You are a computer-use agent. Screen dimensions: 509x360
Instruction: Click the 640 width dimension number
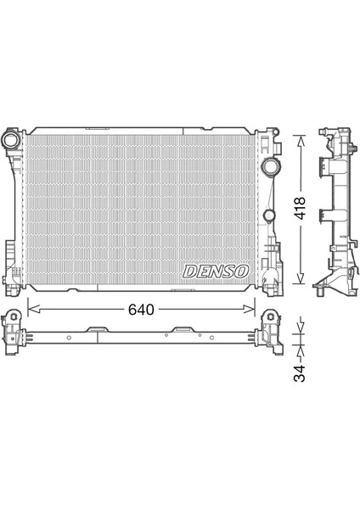coord(141,310)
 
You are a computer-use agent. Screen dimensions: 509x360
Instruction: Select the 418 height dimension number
coord(301,209)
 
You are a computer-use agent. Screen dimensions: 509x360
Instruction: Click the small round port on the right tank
coord(268,217)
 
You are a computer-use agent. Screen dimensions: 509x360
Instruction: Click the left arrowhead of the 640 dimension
coord(31,310)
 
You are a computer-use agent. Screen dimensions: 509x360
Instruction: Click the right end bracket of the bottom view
coord(271,331)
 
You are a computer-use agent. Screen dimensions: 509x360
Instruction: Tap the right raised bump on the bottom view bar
coord(182,328)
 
